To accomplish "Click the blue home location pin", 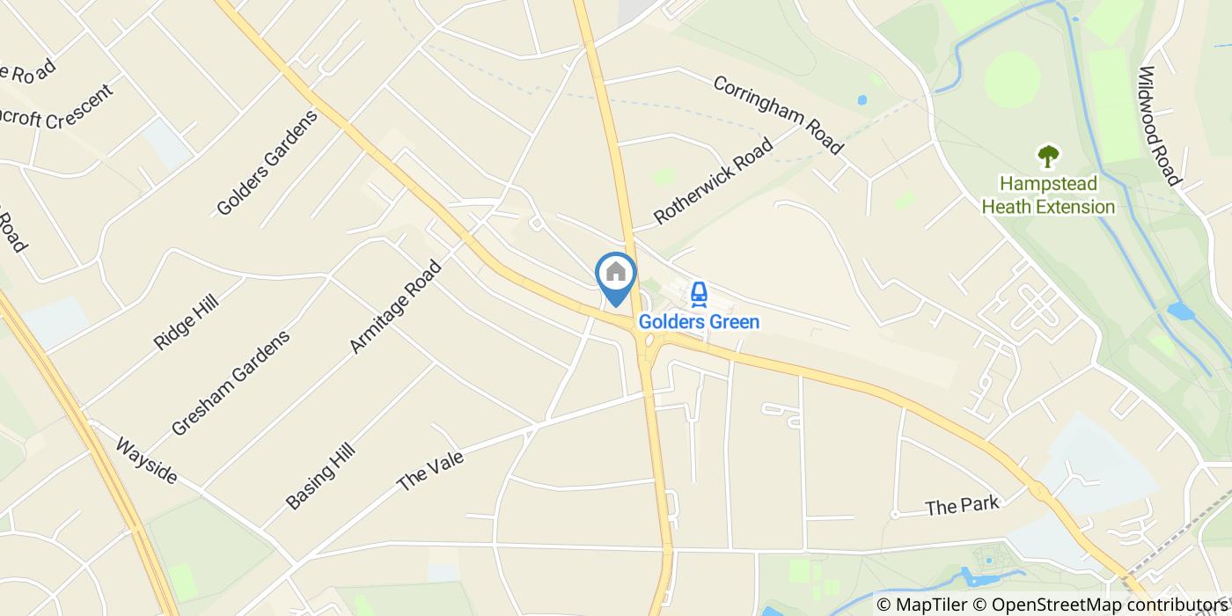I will coord(616,275).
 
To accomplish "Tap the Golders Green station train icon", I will coord(699,293).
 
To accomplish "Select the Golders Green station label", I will coord(699,322).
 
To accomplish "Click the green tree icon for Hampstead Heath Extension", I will coord(1048,157).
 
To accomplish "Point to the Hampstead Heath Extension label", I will coord(1048,195).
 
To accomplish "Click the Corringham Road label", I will coord(778,114).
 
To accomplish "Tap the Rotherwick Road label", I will coord(713,180).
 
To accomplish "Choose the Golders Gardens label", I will coord(267,163).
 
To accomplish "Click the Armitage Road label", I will coord(395,306).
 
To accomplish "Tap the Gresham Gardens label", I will coord(231,383).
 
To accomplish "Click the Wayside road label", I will coord(146,461).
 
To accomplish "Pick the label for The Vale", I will coord(430,471).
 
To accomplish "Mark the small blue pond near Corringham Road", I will coord(862,100).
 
